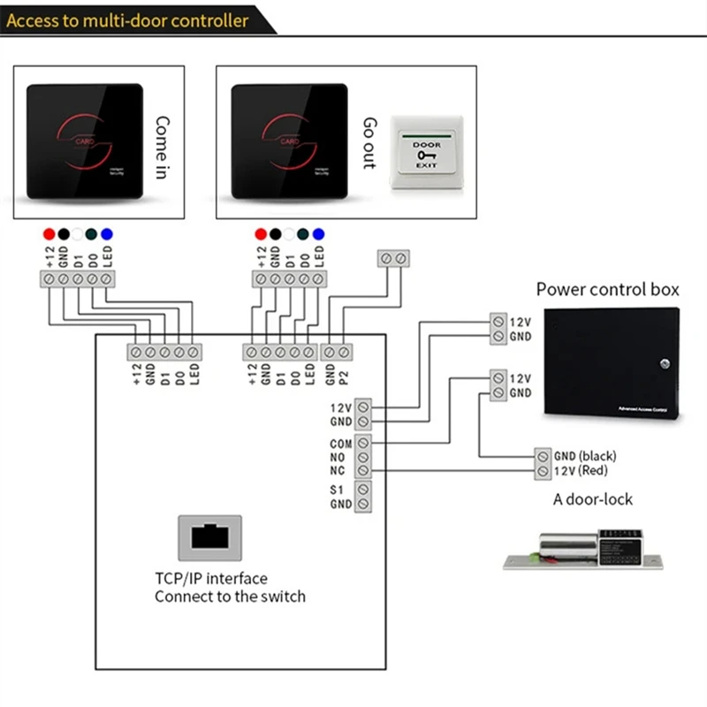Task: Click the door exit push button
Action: click(427, 156)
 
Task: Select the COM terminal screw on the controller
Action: click(363, 443)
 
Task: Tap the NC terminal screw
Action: click(363, 471)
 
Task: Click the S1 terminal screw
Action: click(363, 489)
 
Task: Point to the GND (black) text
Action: click(585, 456)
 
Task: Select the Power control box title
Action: click(608, 289)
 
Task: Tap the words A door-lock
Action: click(593, 499)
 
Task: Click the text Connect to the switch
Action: click(230, 597)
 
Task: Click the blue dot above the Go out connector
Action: click(318, 234)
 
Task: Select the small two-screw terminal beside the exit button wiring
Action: click(393, 258)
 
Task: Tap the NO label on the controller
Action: click(339, 457)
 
